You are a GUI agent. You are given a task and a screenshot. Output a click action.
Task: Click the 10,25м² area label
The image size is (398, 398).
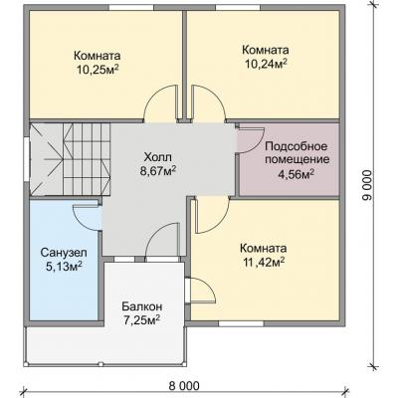(99, 69)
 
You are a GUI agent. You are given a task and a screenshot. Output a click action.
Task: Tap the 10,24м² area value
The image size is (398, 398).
(266, 64)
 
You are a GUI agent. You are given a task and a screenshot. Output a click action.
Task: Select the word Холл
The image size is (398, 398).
(158, 156)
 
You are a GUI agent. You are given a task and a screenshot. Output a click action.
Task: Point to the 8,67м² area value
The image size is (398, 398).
(158, 171)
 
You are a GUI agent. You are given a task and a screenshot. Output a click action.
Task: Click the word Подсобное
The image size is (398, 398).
(297, 146)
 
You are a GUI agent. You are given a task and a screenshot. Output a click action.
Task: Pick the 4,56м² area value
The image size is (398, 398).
(297, 174)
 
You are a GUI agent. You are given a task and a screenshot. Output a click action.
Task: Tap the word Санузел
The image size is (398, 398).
(64, 253)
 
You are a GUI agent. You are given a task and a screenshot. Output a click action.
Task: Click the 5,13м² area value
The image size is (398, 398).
(64, 267)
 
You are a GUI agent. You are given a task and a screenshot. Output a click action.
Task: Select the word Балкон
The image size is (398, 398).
(141, 305)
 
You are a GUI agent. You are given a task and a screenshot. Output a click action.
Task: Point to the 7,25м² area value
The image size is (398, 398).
(141, 319)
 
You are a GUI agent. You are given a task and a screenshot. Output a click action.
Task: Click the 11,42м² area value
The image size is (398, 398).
(265, 263)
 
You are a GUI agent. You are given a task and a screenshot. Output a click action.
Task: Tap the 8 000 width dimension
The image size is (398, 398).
(184, 386)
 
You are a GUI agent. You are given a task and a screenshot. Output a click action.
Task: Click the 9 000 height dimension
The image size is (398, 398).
(367, 186)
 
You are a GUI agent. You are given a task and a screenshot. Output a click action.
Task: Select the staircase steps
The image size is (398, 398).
(87, 159)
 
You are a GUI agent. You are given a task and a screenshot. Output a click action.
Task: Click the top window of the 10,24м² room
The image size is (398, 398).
(239, 8)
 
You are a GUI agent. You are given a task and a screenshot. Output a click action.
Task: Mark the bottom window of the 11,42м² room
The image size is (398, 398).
(241, 323)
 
